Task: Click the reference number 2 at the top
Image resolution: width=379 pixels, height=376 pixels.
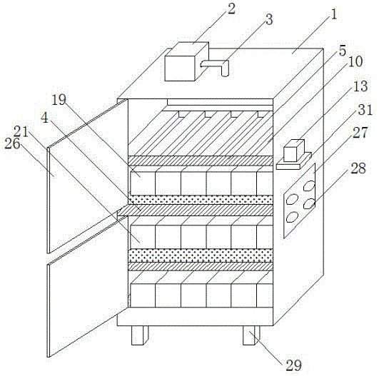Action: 231,9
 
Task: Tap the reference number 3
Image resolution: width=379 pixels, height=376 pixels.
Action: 269,19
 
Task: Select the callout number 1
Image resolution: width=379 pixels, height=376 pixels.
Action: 333,14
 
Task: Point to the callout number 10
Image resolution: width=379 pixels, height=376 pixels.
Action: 355,61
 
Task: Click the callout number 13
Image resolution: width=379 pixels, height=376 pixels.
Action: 360,86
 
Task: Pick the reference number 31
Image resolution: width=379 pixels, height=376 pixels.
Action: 365,110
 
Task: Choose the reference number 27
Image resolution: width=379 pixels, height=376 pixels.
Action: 360,133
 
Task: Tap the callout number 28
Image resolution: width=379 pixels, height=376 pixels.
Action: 358,168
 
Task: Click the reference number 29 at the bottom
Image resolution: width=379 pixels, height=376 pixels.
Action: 293,365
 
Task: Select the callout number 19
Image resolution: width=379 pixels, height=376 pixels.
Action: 59,100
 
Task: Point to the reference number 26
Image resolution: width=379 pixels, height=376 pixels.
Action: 12,144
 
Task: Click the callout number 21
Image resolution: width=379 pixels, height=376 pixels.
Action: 21,132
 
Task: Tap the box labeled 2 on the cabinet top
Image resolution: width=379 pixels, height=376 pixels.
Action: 186,61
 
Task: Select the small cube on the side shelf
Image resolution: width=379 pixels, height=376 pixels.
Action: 294,151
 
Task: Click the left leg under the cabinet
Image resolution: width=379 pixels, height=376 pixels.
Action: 140,335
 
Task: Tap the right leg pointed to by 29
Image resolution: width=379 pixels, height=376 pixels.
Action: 251,335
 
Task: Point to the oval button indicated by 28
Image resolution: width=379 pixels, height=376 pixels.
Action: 309,203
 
